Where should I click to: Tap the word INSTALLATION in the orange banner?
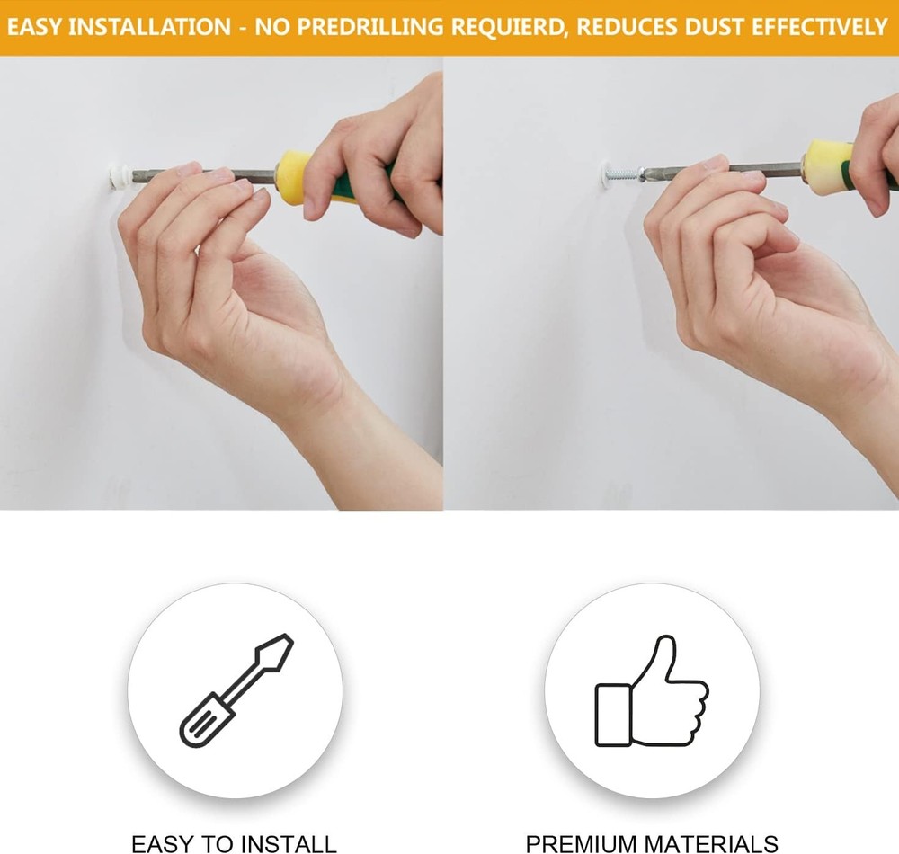(x=149, y=28)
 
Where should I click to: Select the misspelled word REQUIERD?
(x=509, y=28)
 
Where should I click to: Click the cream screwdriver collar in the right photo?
(x=823, y=167)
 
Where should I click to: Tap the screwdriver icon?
(x=236, y=690)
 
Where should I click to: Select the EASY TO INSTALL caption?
(x=234, y=844)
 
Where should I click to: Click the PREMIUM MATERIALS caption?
(x=652, y=844)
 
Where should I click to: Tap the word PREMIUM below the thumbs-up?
(x=582, y=844)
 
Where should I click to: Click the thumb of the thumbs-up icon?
(x=659, y=659)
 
